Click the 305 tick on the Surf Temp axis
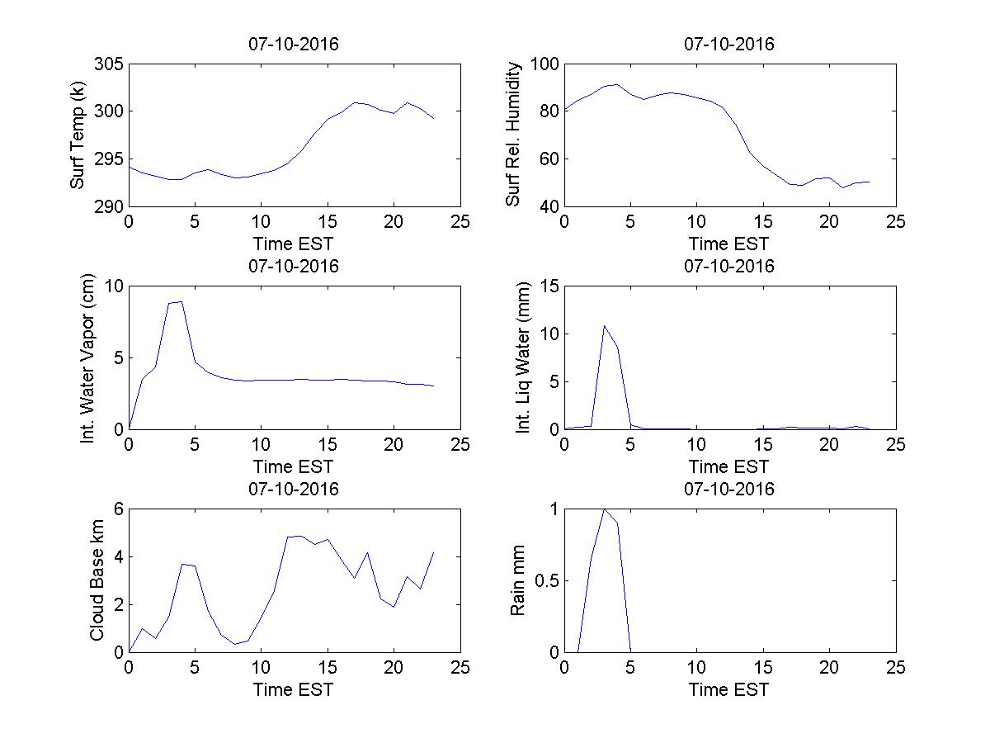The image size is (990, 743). [x=111, y=64]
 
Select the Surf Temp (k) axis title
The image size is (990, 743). [x=78, y=135]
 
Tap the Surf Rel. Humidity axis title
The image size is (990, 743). [x=514, y=135]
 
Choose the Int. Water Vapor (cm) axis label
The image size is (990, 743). [x=88, y=358]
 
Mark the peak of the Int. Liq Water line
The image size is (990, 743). [x=605, y=325]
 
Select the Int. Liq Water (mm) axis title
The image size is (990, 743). [x=524, y=358]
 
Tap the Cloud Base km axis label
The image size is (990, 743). [x=97, y=580]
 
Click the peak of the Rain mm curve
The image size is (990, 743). [x=605, y=509]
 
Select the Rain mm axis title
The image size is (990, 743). [x=517, y=580]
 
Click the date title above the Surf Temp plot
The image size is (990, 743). [x=294, y=45]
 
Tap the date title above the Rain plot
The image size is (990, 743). [x=729, y=489]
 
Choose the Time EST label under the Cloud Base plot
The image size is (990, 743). [x=294, y=689]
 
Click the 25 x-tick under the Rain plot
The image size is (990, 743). [x=895, y=668]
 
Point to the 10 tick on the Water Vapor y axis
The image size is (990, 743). [x=113, y=286]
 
